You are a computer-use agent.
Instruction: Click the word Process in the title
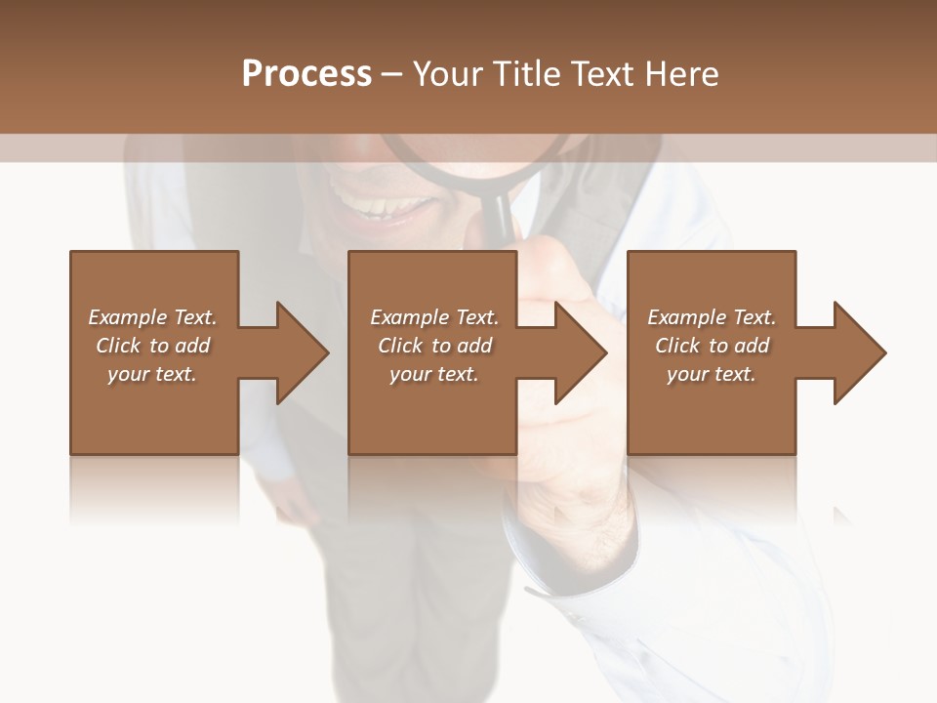pos(306,74)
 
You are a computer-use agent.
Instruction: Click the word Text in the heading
pos(602,74)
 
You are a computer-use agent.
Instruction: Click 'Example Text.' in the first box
pos(152,317)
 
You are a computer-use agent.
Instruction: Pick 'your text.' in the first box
pos(152,374)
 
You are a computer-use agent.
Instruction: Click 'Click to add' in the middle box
pos(434,346)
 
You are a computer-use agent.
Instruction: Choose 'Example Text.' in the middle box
pos(434,317)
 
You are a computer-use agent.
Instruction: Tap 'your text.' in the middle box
pos(434,374)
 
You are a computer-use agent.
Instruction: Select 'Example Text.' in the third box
pos(712,317)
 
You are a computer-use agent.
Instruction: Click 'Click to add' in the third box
pos(712,346)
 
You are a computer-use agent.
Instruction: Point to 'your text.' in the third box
pos(712,374)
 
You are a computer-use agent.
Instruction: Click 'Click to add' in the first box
pos(152,346)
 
